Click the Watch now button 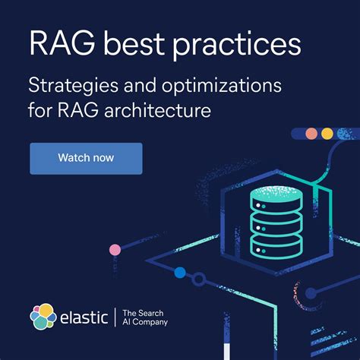click(x=86, y=158)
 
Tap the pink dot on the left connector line click(x=115, y=249)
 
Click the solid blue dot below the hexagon click(x=179, y=272)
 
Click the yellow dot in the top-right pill click(x=327, y=134)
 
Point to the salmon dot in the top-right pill click(x=311, y=134)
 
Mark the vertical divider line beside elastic click(x=114, y=317)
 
